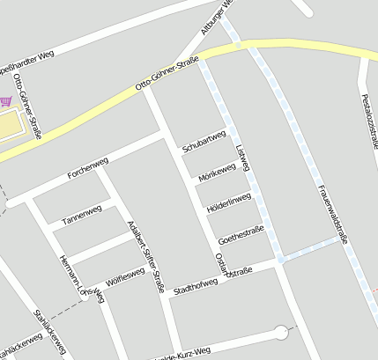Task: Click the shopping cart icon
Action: pos(7,102)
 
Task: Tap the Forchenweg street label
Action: pos(87,168)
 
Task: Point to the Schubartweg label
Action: pos(204,142)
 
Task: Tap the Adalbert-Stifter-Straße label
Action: pos(146,256)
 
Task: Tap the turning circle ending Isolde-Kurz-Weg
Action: pos(281,333)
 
